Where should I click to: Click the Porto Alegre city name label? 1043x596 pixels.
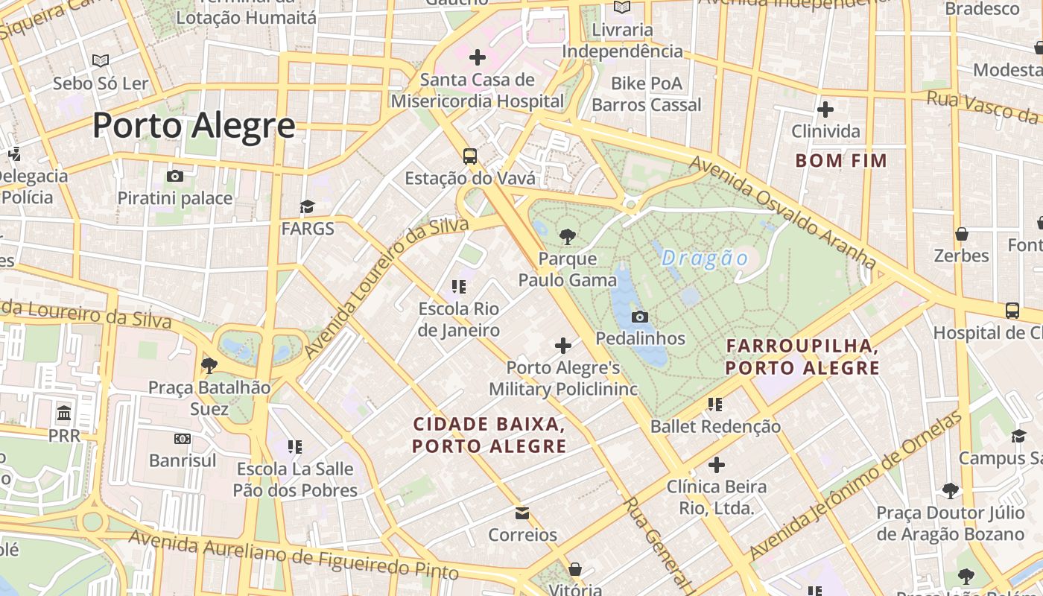[x=194, y=126]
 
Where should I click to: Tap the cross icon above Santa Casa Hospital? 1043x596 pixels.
[x=478, y=57]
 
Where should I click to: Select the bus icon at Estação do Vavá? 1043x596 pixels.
[x=470, y=156]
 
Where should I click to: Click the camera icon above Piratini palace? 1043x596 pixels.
[x=175, y=177]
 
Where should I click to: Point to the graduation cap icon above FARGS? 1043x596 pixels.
[x=307, y=207]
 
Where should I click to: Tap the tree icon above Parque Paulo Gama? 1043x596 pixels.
[x=568, y=237]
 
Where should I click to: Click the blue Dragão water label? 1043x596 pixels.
[x=705, y=259]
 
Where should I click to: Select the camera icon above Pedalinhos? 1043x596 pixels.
[x=639, y=317]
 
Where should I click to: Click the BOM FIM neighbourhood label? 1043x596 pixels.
[x=841, y=161]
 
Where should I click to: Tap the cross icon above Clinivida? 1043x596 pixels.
[x=825, y=110]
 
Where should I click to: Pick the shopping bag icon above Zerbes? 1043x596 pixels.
[x=962, y=234]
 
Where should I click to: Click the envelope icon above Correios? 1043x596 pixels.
[x=522, y=513]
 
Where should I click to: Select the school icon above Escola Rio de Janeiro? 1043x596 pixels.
[x=459, y=287]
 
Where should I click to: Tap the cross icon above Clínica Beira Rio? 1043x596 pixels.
[x=716, y=466]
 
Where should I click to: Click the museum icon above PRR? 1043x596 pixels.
[x=64, y=413]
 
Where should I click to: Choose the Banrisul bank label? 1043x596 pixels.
[x=183, y=460]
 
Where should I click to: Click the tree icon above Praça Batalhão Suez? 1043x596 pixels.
[x=209, y=365]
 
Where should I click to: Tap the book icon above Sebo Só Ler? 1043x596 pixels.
[x=100, y=61]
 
